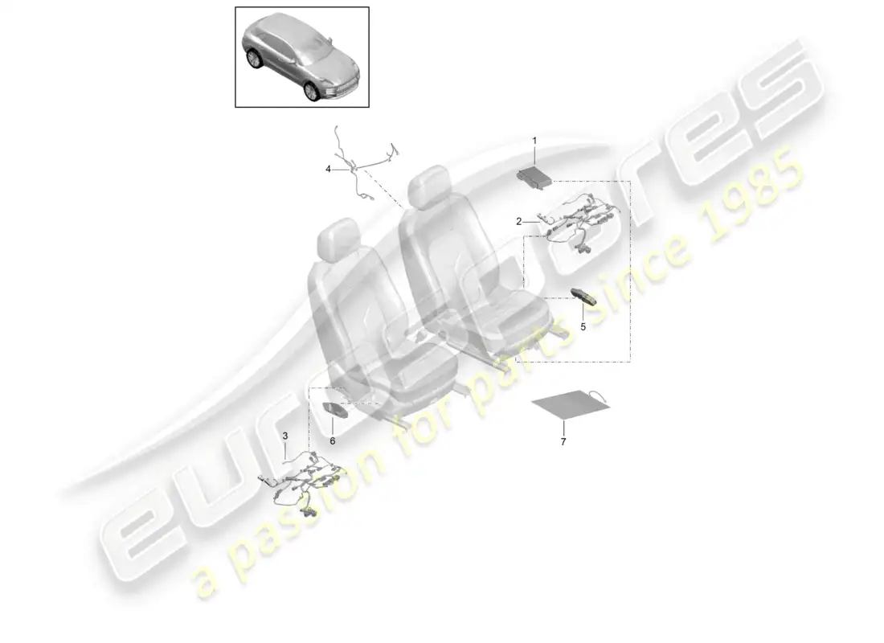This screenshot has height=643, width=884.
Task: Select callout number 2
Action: click(x=519, y=220)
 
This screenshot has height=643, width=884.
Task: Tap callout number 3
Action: click(x=284, y=435)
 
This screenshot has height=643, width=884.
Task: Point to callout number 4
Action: click(x=328, y=169)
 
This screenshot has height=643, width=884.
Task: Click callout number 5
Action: click(x=583, y=327)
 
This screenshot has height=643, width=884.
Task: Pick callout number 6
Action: click(x=332, y=440)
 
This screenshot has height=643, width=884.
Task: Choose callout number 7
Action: click(x=563, y=442)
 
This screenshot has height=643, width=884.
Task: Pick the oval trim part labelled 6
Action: click(x=336, y=409)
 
